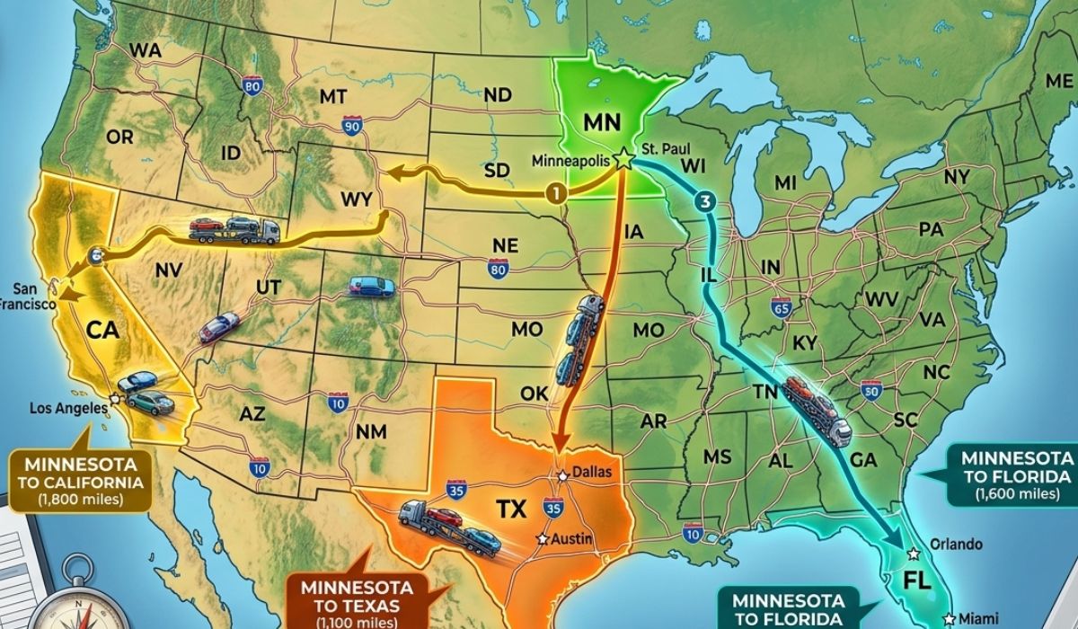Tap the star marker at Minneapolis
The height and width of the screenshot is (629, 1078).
(x=623, y=160)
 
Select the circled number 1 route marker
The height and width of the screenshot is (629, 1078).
(x=557, y=192)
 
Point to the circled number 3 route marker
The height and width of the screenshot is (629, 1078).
(x=703, y=202)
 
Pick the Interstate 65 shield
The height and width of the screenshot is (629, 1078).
(x=782, y=308)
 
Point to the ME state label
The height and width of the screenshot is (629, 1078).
(x=1059, y=81)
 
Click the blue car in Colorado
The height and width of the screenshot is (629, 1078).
(x=371, y=287)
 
